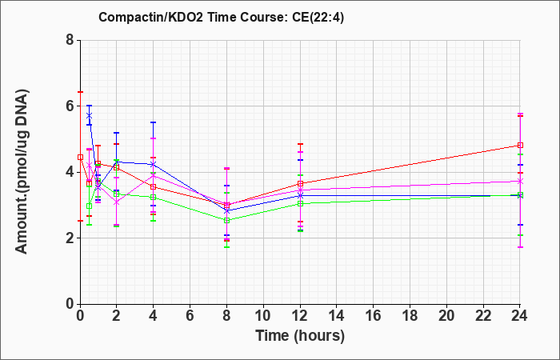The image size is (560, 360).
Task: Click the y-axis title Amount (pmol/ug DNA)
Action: [22, 171]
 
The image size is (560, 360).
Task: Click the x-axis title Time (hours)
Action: [300, 336]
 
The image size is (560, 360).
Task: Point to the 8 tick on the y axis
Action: [70, 40]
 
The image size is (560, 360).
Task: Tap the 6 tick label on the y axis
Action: [70, 106]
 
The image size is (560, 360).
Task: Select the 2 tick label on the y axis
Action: [70, 238]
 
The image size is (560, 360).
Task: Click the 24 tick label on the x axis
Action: [519, 316]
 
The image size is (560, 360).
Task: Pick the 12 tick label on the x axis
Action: [300, 316]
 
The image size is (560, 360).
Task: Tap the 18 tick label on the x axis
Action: [410, 316]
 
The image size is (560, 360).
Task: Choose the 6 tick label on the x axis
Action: [190, 316]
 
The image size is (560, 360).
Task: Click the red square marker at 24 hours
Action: [520, 146]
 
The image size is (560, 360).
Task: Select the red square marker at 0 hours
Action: [80, 157]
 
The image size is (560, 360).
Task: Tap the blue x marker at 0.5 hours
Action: [90, 115]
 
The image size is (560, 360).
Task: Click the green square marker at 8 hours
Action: [226, 220]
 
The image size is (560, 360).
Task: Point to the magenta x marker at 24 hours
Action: [520, 182]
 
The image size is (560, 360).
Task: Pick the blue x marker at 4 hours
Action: [154, 164]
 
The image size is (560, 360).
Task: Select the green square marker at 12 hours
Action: [300, 203]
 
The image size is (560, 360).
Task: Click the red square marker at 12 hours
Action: [300, 183]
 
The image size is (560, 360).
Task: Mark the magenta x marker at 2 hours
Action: [116, 202]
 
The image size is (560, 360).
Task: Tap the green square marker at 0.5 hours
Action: [90, 206]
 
